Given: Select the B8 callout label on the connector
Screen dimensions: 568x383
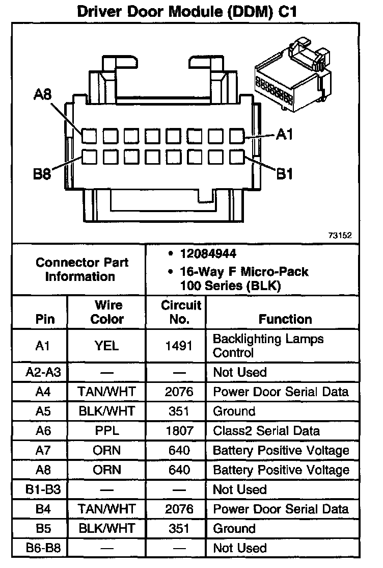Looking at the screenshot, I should tap(43, 175).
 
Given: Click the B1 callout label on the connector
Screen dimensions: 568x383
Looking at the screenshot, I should tap(284, 174).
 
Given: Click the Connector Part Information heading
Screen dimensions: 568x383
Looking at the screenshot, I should tap(82, 270).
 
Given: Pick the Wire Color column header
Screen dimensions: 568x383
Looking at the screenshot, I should tap(107, 312).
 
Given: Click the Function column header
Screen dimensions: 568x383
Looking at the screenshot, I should tap(285, 319).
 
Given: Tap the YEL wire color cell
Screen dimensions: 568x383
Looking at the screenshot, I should tap(107, 346).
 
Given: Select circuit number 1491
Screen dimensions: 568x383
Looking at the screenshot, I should tap(179, 346).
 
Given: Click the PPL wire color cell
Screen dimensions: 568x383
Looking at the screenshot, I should tap(107, 431).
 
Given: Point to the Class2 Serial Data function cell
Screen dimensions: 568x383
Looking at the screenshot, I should tap(266, 431).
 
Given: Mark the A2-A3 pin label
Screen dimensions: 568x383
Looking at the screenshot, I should tap(43, 372).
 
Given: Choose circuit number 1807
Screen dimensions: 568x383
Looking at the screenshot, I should tap(179, 431).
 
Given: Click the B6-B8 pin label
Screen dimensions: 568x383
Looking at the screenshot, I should tap(43, 548).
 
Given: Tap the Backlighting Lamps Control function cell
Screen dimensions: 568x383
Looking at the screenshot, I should tap(268, 346).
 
